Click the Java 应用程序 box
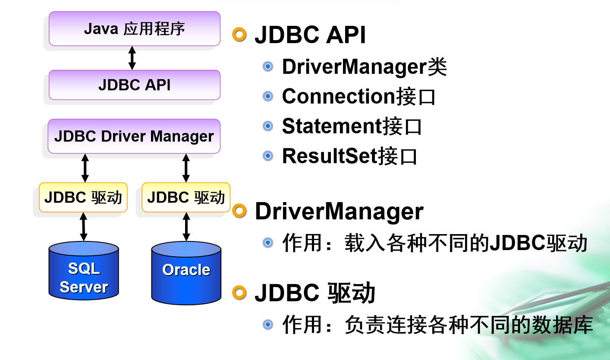[x=134, y=28]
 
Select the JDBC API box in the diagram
[x=134, y=85]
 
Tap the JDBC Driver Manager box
[x=134, y=136]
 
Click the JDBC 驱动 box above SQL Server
[x=83, y=197]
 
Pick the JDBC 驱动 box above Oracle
[x=186, y=197]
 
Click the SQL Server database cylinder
[x=84, y=272]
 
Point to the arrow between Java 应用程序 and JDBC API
[x=132, y=58]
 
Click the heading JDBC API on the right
[x=310, y=35]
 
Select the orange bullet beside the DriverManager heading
[x=239, y=211]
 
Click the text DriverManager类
[x=364, y=67]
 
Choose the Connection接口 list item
[x=358, y=97]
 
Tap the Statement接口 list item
[x=352, y=126]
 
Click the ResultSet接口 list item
[x=349, y=156]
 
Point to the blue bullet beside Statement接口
[x=268, y=126]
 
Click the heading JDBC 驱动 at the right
[x=315, y=293]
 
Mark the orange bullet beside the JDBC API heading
[x=239, y=34]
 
